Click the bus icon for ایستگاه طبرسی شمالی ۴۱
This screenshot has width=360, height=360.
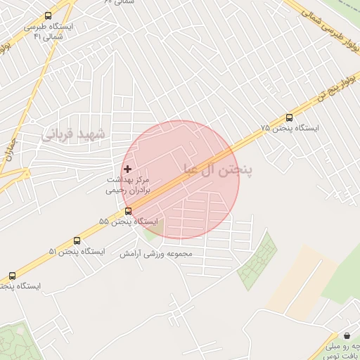(x=48, y=15)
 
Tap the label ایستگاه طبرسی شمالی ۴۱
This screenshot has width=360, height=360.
(x=48, y=31)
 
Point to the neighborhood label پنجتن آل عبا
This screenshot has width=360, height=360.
(x=217, y=169)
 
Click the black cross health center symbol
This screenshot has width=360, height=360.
(x=127, y=169)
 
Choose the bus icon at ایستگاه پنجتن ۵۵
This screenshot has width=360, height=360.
(x=128, y=210)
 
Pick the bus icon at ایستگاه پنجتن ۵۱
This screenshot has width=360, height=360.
(x=77, y=240)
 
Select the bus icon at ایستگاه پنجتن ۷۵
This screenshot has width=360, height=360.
(x=289, y=117)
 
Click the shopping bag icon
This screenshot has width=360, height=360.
(x=346, y=335)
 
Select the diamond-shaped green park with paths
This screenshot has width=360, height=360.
(x=257, y=260)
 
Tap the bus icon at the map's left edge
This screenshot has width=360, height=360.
(x=12, y=276)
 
